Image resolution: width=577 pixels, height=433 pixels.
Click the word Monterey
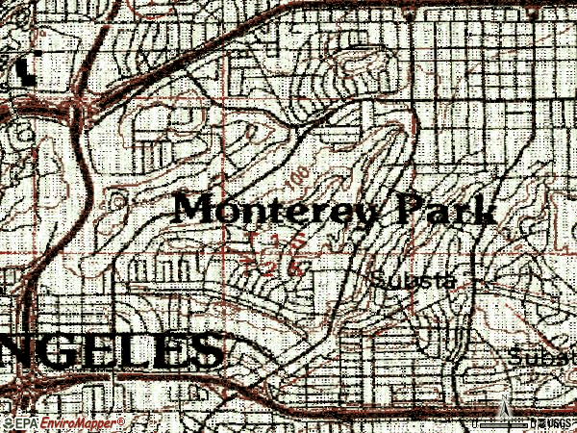(274, 211)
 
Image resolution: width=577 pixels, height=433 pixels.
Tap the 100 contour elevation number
(299, 177)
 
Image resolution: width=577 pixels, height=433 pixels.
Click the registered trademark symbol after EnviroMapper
(121, 420)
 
